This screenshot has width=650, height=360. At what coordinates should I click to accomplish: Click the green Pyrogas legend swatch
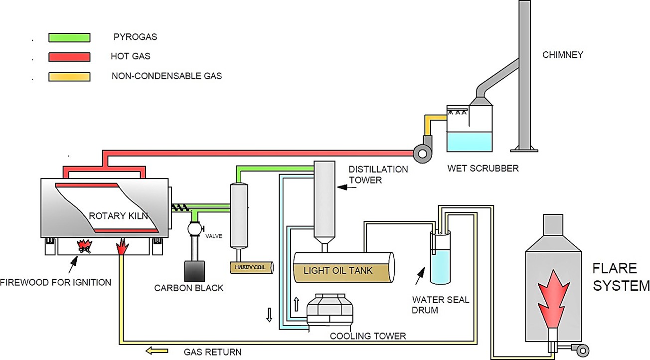click(69, 37)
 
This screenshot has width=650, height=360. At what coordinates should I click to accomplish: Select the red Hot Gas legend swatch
click(69, 57)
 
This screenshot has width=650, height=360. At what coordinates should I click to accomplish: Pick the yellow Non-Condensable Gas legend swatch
click(69, 77)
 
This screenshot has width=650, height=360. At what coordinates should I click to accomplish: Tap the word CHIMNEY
click(563, 55)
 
